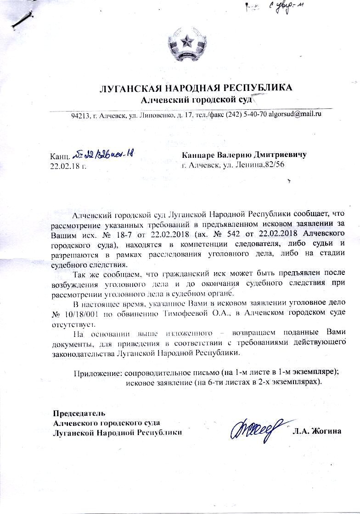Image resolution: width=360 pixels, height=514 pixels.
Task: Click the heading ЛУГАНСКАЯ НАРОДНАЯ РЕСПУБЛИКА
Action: tap(196, 88)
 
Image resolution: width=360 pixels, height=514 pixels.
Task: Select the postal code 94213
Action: tap(80, 114)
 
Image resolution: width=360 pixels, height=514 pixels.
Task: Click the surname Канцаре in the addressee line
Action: tap(199, 155)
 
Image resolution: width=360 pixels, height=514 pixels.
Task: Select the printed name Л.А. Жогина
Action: tap(316, 431)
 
